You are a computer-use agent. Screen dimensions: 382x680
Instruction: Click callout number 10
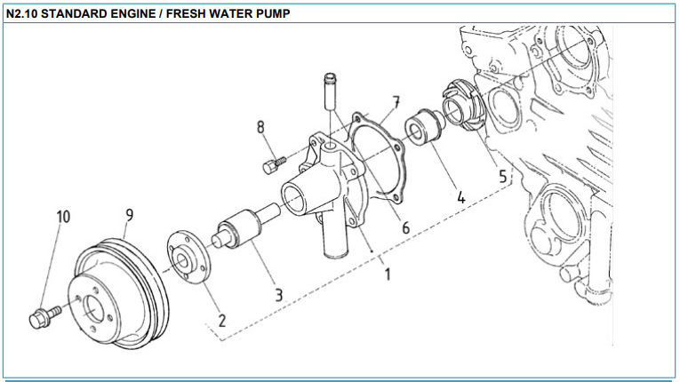65,217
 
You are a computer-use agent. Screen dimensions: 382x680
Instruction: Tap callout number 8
261,127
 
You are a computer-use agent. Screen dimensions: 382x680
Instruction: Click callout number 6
405,227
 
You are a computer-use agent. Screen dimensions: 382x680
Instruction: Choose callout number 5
503,176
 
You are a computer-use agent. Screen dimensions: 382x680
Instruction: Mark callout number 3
278,294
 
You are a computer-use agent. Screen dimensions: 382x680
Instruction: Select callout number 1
387,274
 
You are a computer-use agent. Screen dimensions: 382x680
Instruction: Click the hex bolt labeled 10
42,316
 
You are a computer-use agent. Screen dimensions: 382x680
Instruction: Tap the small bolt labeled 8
272,163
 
